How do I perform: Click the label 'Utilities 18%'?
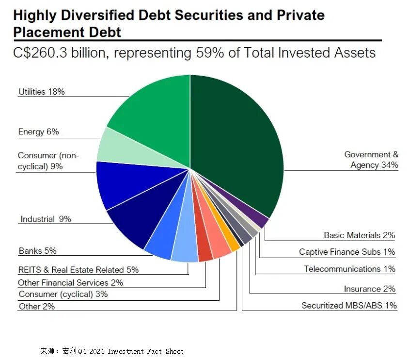42,91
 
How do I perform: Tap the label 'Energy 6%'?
38,132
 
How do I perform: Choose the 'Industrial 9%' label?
46,219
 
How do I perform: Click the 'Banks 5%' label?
37,251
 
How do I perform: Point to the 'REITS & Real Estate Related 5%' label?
78,270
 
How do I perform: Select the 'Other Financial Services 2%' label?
70,282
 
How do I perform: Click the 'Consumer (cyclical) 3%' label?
63,294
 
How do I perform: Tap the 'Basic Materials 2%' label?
359,235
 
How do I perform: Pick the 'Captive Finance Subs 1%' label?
347,252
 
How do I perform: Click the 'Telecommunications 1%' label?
349,269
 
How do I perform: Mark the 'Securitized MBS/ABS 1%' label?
349,305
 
